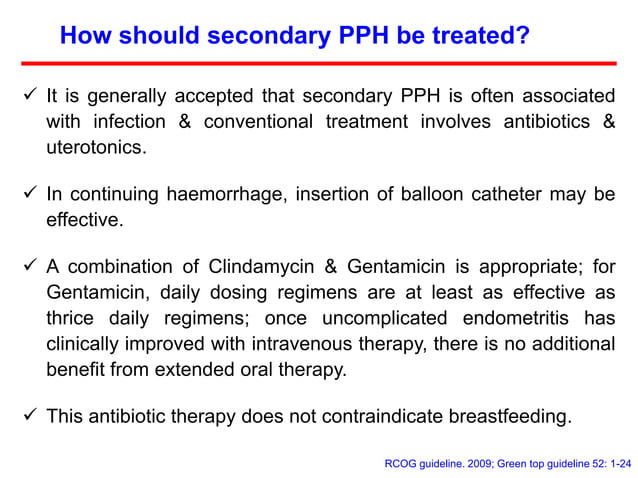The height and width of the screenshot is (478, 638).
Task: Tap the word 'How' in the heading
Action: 83,36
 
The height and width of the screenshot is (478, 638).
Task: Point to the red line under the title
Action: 330,63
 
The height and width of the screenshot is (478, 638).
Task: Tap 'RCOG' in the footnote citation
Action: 404,462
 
